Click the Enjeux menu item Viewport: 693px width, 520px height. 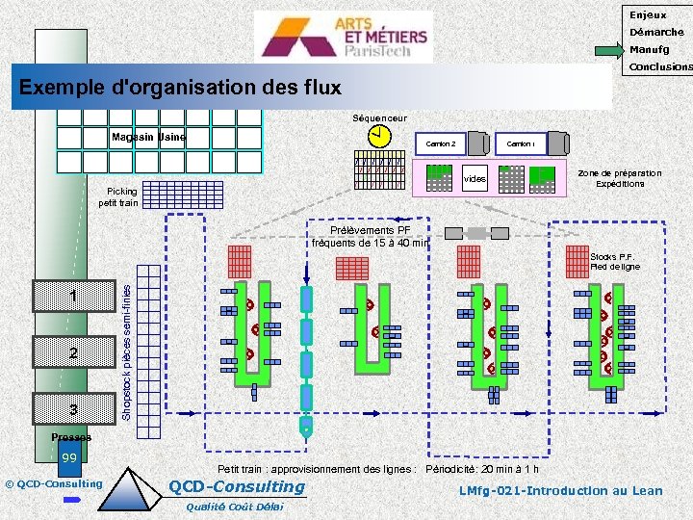[648, 14]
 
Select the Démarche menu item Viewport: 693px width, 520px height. [656, 32]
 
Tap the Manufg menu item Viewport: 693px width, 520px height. [651, 49]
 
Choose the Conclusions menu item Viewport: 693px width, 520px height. [659, 67]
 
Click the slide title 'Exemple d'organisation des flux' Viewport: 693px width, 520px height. [180, 89]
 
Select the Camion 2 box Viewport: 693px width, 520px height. [441, 144]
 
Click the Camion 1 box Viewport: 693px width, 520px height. [522, 144]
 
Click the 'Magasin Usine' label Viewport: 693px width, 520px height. [148, 137]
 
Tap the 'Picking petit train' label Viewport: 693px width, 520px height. [118, 197]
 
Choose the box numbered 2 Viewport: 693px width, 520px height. [73, 352]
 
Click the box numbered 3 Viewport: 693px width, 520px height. [73, 410]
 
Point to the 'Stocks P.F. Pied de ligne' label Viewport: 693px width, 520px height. [615, 262]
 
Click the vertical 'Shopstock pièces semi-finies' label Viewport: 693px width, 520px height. [127, 343]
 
